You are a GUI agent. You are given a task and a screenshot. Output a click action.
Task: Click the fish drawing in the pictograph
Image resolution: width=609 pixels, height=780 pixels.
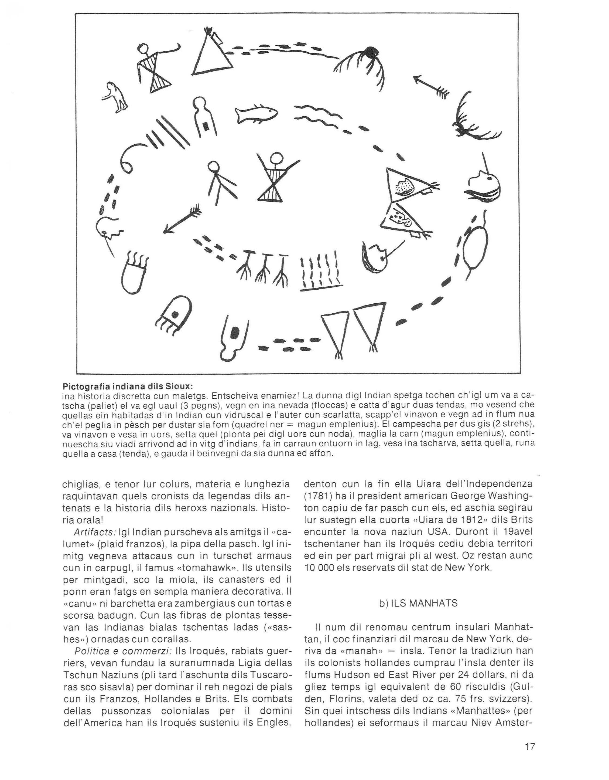(256, 114)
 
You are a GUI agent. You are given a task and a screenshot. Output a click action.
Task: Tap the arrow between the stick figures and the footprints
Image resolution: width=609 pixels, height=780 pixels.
(182, 219)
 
